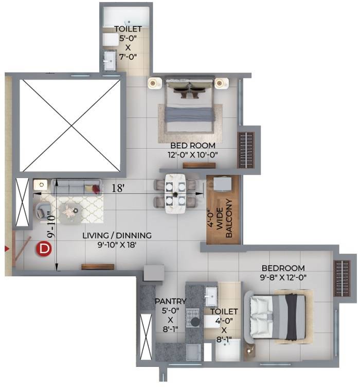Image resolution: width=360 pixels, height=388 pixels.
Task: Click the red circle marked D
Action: point(45,250)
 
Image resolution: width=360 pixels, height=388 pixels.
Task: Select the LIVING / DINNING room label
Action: point(117,240)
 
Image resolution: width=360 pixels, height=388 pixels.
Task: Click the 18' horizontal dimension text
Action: point(119,188)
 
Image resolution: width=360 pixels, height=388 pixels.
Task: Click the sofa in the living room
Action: point(77,187)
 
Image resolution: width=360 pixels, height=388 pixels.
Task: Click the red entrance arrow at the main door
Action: point(7,249)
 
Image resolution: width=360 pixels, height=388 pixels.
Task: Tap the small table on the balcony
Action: point(223,184)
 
